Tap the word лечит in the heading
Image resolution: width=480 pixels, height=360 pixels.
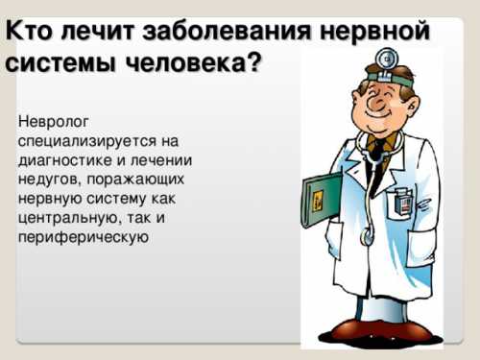tap(89, 30)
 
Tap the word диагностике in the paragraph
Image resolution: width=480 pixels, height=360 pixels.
tap(62, 160)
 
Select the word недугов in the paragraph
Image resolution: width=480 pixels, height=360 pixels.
tap(47, 180)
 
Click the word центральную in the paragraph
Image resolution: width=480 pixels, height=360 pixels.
tap(61, 218)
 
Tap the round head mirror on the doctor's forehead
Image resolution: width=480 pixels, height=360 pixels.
tap(387, 60)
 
